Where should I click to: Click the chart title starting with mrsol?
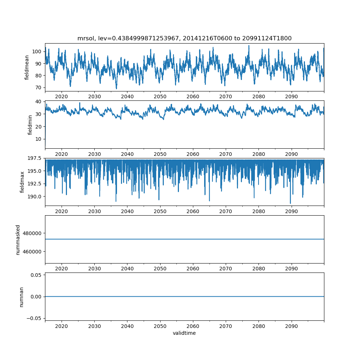point(184,38)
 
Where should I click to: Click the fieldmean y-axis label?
point(27,67)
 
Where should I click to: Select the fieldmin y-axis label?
point(30,125)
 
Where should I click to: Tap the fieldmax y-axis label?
point(22,182)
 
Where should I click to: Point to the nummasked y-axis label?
point(18,239)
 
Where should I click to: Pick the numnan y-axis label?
point(21,297)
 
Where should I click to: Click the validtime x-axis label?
point(184,333)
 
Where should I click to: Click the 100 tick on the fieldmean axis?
point(37,51)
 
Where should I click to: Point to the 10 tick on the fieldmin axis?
point(39,139)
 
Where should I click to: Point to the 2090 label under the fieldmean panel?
point(291,96)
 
